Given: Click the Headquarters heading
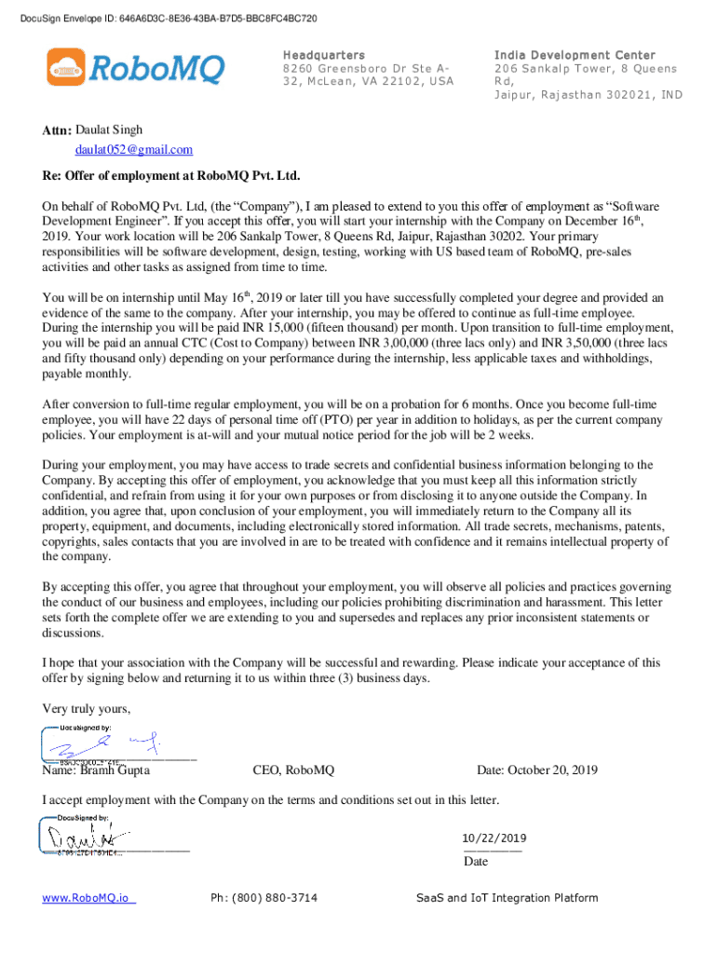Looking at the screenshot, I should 323,56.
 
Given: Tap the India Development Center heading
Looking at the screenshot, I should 575,56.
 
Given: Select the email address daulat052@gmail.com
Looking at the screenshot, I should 134,150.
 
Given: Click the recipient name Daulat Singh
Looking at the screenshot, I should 109,130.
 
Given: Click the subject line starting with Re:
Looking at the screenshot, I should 171,175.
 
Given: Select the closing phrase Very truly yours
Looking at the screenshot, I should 87,710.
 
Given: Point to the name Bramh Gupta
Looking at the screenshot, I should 115,770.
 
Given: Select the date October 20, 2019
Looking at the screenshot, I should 537,770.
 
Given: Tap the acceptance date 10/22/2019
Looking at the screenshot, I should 494,838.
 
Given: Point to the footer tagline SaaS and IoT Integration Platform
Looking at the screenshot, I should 507,898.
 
